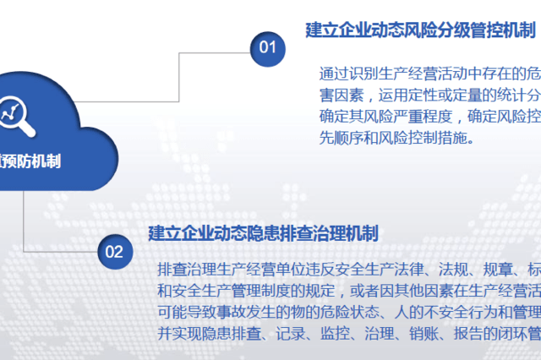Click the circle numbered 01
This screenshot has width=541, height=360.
click(x=268, y=46)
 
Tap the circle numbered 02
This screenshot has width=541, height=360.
click(x=114, y=251)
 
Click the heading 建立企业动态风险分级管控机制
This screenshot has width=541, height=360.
click(x=421, y=30)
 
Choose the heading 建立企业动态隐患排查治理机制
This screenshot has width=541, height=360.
click(x=263, y=232)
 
